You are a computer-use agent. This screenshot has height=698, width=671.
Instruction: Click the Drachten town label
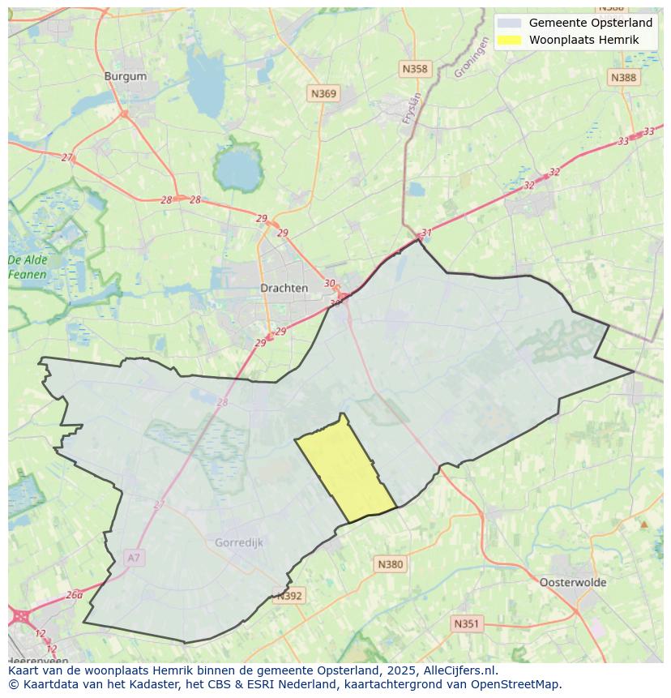coord(284,288)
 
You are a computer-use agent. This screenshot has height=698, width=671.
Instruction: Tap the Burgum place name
coord(126,76)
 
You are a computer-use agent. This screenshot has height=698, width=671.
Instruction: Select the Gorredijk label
coord(239,542)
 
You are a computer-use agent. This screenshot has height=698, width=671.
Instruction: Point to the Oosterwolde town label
coord(572,582)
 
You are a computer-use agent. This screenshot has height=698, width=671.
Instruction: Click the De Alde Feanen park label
coord(28,267)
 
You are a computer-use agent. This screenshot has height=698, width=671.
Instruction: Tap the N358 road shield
coord(414,69)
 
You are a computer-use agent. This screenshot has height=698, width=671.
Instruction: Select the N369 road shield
coord(323,94)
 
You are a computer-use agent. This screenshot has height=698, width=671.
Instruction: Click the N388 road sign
coord(623,77)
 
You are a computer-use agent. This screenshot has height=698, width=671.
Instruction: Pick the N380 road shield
coord(390,564)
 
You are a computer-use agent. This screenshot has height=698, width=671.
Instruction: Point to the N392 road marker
coord(289,596)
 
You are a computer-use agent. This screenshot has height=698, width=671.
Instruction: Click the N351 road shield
coord(466,623)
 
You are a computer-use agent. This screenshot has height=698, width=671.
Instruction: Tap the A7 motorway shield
coord(134,558)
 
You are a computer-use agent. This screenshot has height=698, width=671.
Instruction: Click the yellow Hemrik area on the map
coord(344,470)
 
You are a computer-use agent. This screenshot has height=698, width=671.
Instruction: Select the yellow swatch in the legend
coord(510,40)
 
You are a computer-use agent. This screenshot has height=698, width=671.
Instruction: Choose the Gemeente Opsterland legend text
coord(590,23)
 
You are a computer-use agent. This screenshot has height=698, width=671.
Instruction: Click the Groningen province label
coord(472,59)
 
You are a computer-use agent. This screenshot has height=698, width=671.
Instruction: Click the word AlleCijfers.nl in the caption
coord(460,670)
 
